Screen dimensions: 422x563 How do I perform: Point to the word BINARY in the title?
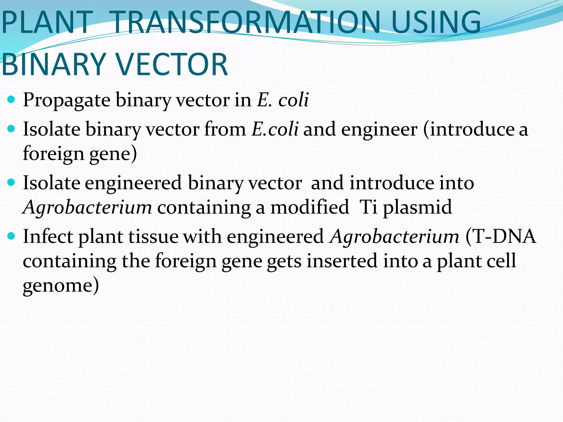coord(54,65)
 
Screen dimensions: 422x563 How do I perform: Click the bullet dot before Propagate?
coord(11,99)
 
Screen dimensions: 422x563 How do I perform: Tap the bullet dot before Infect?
coord(11,236)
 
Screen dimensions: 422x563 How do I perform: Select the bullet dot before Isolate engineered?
coord(11,182)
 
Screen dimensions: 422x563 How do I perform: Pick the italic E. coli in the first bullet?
coord(283,99)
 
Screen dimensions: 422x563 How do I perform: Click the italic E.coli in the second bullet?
coord(275,129)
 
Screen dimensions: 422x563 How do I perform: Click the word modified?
coord(310,207)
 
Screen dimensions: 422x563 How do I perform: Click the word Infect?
coord(48,236)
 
